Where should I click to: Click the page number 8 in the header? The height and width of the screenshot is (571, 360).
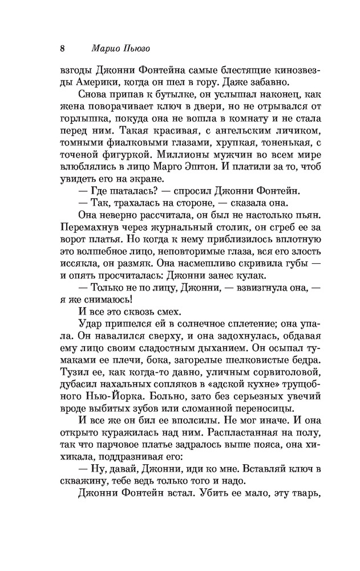[62, 47]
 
